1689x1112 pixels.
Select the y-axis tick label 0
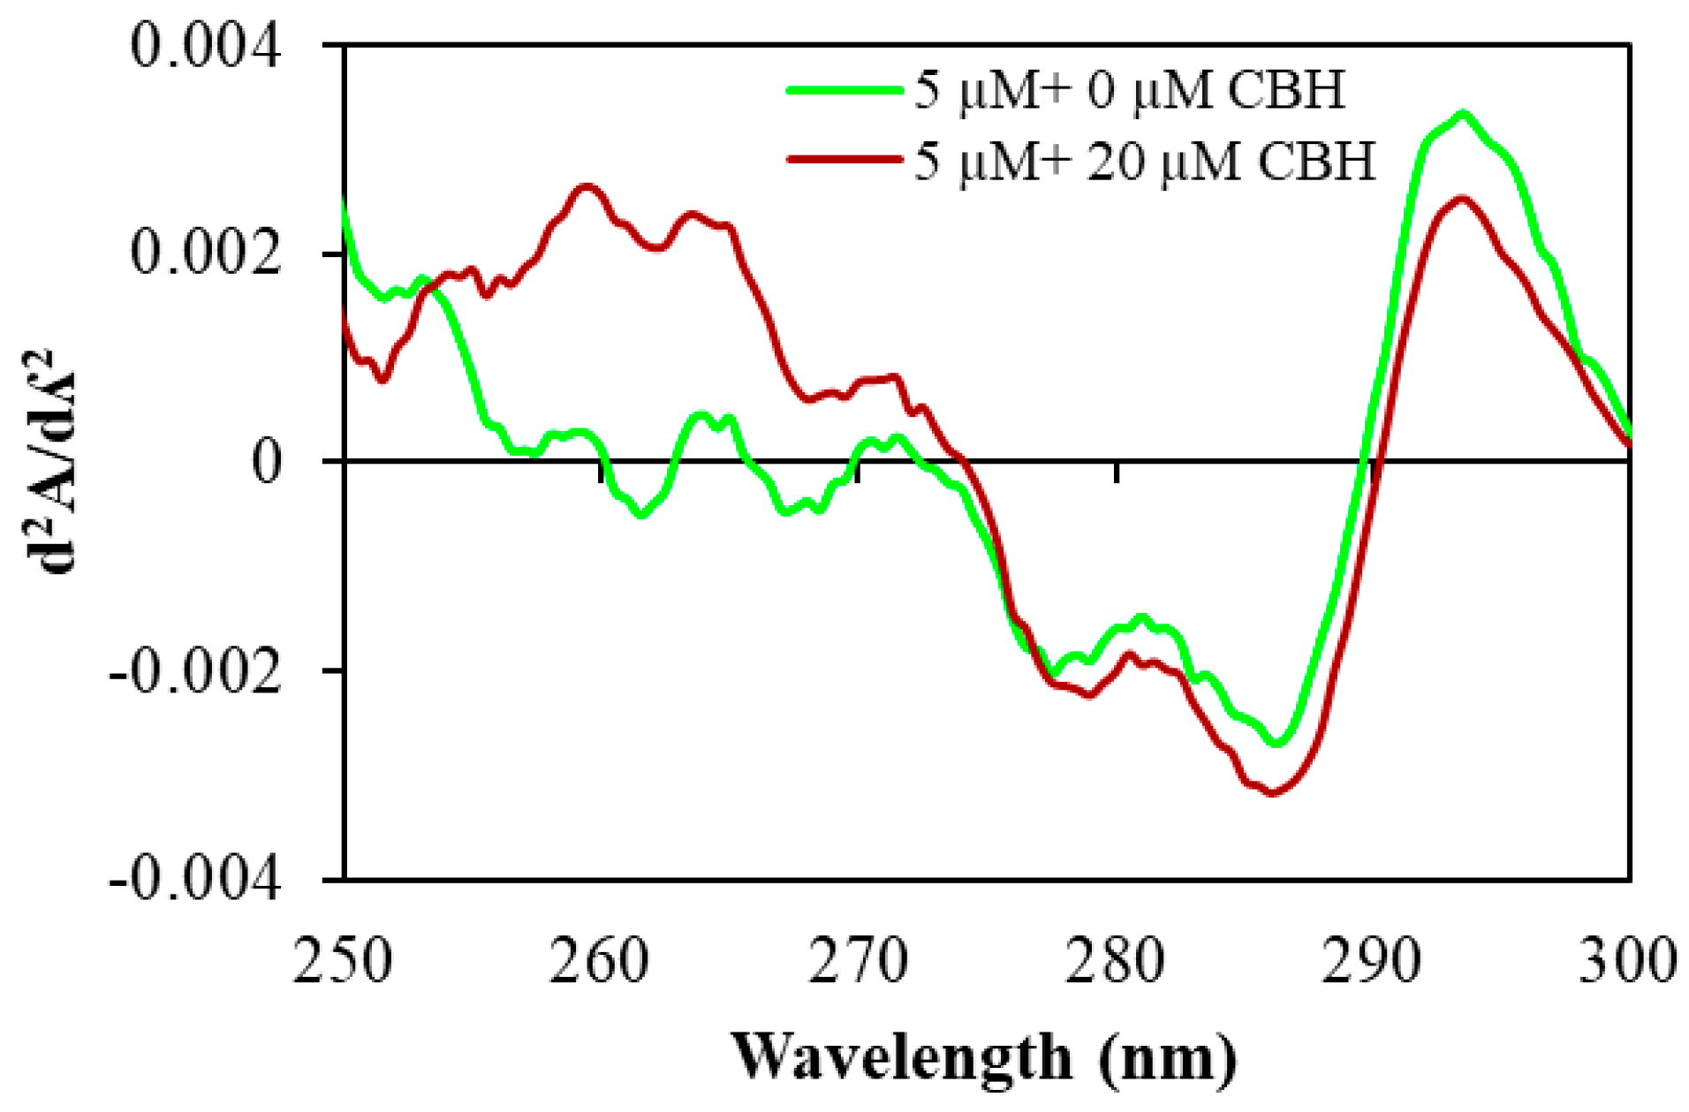pyautogui.click(x=267, y=461)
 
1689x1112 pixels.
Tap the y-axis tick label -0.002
pyautogui.click(x=195, y=672)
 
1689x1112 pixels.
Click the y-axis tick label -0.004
pyautogui.click(x=195, y=880)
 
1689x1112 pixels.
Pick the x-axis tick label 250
pyautogui.click(x=342, y=961)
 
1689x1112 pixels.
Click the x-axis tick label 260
pyautogui.click(x=600, y=961)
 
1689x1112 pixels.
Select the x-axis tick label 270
pyautogui.click(x=858, y=961)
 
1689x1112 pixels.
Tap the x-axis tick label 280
pyautogui.click(x=1116, y=961)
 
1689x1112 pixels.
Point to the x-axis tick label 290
pyautogui.click(x=1372, y=961)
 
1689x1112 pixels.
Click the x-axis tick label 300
pyautogui.click(x=1627, y=961)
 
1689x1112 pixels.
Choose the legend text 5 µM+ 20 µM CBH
pyautogui.click(x=1144, y=162)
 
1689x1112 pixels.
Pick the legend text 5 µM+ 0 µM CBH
pyautogui.click(x=1129, y=90)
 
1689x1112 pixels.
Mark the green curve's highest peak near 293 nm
pyautogui.click(x=1463, y=114)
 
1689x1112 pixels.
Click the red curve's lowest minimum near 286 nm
pyautogui.click(x=1272, y=792)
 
